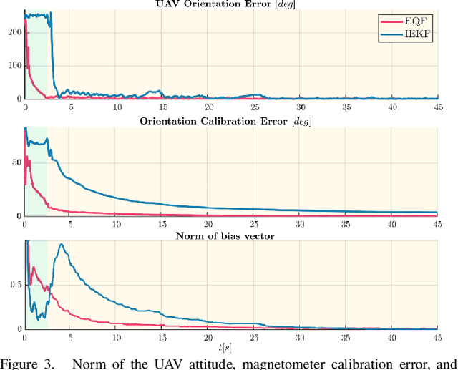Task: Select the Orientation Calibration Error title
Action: coord(235,120)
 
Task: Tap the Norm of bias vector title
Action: coord(235,235)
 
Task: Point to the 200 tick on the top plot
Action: coord(14,32)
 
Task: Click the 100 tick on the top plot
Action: coord(14,66)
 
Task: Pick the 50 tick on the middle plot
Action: coord(16,163)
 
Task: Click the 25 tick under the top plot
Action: coord(254,107)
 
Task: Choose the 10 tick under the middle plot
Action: coord(117,223)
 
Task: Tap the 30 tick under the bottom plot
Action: coord(300,338)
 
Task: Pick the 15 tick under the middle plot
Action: coord(162,223)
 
